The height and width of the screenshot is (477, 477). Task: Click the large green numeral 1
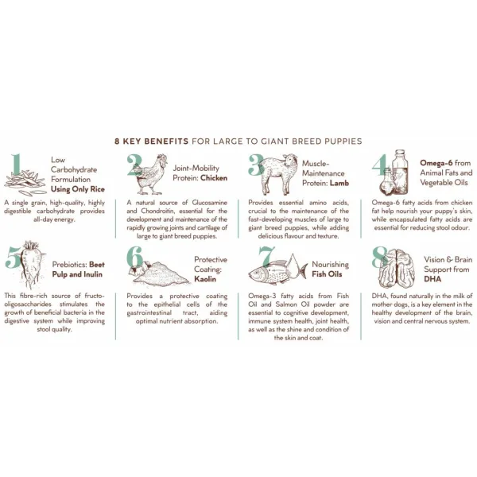pyautogui.click(x=17, y=165)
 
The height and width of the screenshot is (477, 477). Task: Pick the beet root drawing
pyautogui.click(x=32, y=264)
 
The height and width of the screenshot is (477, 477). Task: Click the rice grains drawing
pyautogui.click(x=25, y=183)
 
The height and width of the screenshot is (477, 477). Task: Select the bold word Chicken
pyautogui.click(x=214, y=178)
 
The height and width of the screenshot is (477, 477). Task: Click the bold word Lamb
pyautogui.click(x=339, y=183)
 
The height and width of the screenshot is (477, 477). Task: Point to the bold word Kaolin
pyautogui.click(x=205, y=279)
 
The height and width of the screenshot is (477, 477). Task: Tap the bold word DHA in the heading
pyautogui.click(x=432, y=279)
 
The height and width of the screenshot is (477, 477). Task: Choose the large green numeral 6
pyautogui.click(x=135, y=257)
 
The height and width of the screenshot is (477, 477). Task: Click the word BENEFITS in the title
pyautogui.click(x=166, y=142)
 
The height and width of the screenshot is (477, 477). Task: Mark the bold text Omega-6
pyautogui.click(x=436, y=163)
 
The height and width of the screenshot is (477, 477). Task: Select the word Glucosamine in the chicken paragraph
pyautogui.click(x=210, y=203)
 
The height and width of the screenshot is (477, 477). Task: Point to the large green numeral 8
pyautogui.click(x=380, y=257)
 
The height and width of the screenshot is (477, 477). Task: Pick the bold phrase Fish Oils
pyautogui.click(x=327, y=274)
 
